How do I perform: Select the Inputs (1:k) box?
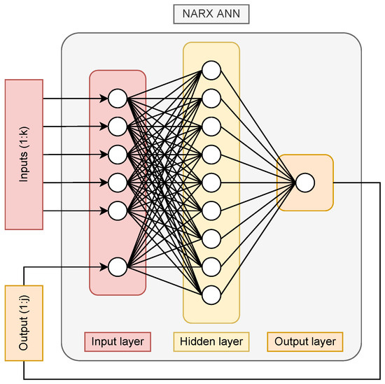tap(24, 155)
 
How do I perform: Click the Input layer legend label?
tap(117, 341)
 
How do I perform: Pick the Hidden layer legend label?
tap(211, 341)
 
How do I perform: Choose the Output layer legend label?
tap(304, 341)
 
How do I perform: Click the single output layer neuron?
tap(304, 183)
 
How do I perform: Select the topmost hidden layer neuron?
tap(211, 70)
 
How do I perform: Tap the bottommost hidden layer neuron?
tap(211, 294)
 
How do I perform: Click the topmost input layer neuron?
tap(118, 98)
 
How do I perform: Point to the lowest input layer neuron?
tap(118, 266)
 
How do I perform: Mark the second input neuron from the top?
tap(118, 127)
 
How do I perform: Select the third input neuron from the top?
tap(118, 155)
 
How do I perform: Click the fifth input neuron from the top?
tap(118, 211)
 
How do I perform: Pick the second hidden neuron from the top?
tap(211, 98)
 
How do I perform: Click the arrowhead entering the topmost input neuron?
tap(104, 98)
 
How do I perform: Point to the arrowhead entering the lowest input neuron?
tap(104, 266)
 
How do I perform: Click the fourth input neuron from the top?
tap(118, 183)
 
